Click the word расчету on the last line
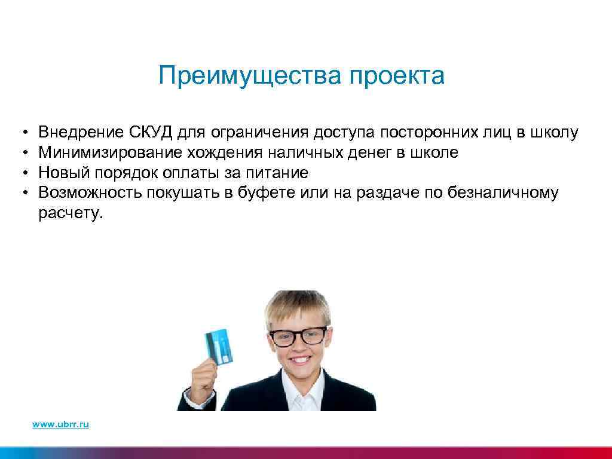pyautogui.click(x=69, y=213)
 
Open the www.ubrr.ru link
pyautogui.click(x=61, y=424)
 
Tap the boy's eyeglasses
pyautogui.click(x=298, y=335)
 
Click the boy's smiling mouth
pyautogui.click(x=299, y=363)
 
